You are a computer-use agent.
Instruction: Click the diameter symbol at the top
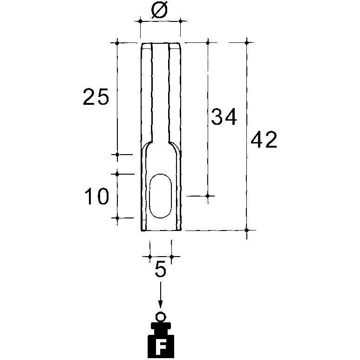160,10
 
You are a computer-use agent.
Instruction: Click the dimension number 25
95,97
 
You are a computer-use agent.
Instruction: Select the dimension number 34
224,116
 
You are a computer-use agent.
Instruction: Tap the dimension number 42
264,139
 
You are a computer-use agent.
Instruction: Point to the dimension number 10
96,196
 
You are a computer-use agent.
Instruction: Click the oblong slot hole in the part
160,196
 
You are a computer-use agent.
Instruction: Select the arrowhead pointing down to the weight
161,304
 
